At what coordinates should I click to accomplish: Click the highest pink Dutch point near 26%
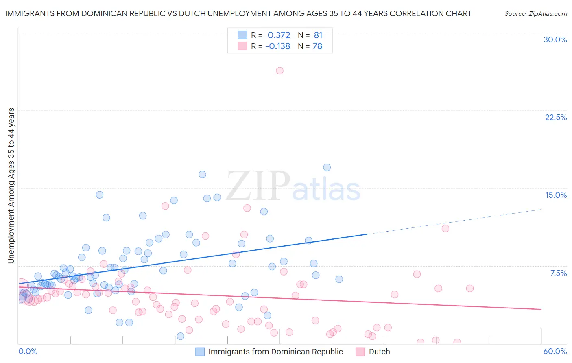click(x=279, y=71)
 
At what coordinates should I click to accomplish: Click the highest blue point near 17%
click(x=327, y=167)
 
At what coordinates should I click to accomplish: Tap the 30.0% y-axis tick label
click(x=555, y=39)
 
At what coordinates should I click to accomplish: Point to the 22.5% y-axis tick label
click(x=556, y=117)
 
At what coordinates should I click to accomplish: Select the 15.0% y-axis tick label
click(x=556, y=195)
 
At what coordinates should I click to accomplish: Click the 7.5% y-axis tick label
click(x=558, y=273)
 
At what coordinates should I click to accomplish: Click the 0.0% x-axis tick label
click(x=28, y=351)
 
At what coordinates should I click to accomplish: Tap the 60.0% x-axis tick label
click(x=555, y=351)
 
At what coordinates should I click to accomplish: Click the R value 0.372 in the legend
click(x=279, y=35)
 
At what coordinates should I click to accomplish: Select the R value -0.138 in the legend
click(x=277, y=46)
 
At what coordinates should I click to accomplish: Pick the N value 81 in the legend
click(x=318, y=35)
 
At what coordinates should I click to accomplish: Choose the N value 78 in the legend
click(x=317, y=46)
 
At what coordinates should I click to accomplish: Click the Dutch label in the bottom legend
click(x=379, y=352)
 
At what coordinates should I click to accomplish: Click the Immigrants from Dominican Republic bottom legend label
click(x=275, y=352)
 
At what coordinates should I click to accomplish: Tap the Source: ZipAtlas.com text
click(x=535, y=13)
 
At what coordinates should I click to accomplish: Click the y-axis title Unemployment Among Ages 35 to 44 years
click(x=11, y=185)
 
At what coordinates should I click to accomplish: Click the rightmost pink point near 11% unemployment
click(x=445, y=228)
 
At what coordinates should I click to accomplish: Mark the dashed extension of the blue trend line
click(x=456, y=221)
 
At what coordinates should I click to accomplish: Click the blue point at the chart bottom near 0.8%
click(x=180, y=336)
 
